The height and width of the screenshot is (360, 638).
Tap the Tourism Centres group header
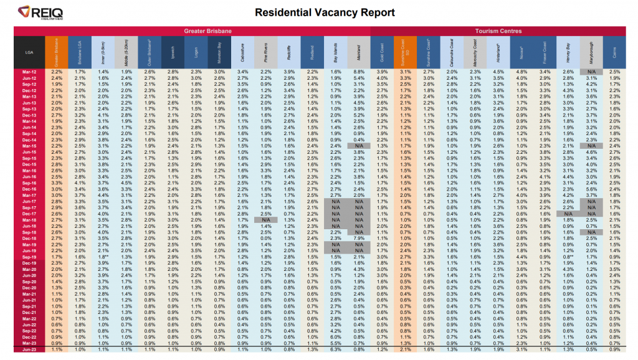498,31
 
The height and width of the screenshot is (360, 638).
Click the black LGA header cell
29,52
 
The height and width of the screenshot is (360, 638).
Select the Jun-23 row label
29,349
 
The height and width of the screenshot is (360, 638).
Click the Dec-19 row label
29,263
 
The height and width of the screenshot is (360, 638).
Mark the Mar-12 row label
29,72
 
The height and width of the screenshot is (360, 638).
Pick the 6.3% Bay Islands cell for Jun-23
335,349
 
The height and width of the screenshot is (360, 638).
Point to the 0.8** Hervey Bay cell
568,257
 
